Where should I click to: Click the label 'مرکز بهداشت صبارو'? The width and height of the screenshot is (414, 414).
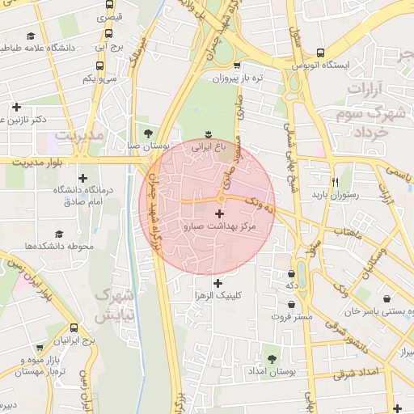point(220,228)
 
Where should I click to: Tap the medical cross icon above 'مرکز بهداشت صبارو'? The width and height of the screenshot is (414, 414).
point(219,213)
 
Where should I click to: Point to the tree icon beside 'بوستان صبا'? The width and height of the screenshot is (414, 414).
point(147,133)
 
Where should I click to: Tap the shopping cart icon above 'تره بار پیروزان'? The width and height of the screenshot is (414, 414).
point(235,66)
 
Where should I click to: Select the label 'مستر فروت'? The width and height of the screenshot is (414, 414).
point(292,317)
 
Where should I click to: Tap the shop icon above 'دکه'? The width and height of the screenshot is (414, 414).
point(290,272)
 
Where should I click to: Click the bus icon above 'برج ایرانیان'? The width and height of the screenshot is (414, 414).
point(74,328)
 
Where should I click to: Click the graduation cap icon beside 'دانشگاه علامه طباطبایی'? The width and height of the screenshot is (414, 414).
point(31,36)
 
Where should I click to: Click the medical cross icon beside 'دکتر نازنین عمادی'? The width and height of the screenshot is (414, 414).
point(15,107)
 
